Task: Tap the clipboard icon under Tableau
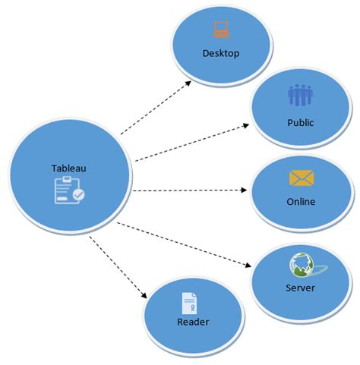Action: tap(68, 190)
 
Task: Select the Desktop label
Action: tap(221, 53)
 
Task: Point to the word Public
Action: tap(301, 121)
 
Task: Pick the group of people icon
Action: tap(301, 96)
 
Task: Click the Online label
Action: tap(301, 201)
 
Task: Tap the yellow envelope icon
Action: tap(302, 178)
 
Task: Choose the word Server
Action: tap(301, 288)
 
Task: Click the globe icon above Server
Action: tap(300, 263)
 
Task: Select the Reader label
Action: tap(193, 322)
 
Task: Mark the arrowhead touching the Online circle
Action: tap(247, 190)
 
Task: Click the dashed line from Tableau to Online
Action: tap(190, 190)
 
